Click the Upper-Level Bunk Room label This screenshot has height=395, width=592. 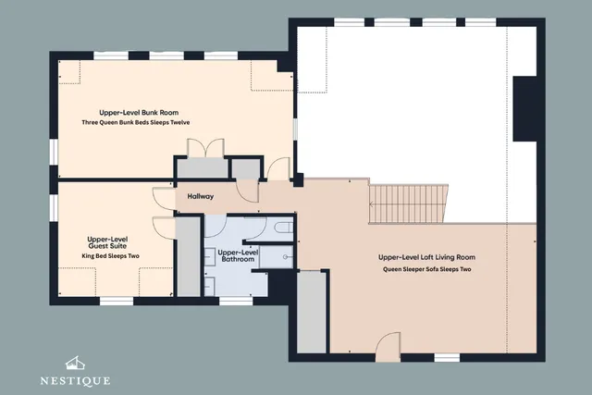coord(139,113)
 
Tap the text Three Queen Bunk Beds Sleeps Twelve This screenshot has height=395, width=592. coord(136,122)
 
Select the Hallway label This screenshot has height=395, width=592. coord(201,196)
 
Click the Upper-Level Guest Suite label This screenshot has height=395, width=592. coord(107,242)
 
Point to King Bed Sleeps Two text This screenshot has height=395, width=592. coord(111,256)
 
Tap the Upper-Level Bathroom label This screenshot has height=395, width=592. coord(238,255)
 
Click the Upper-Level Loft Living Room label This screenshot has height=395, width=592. coord(427,257)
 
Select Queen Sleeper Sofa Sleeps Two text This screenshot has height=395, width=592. coord(427,269)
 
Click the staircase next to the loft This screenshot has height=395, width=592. coord(409,204)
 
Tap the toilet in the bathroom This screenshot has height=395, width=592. coord(284,228)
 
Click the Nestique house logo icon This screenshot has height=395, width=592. coord(75,363)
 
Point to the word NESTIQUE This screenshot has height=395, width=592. coord(75,381)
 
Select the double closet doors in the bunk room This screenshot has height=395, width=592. coord(205,148)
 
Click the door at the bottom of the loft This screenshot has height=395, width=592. coord(388,347)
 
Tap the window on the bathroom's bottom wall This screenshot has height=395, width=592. coord(236,301)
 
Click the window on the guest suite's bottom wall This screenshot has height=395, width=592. coord(117,301)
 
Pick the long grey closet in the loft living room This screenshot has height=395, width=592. coord(312,312)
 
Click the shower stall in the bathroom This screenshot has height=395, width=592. coord(277,257)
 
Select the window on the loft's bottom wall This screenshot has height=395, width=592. coord(447,357)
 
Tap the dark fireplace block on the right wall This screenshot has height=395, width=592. coord(524,109)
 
